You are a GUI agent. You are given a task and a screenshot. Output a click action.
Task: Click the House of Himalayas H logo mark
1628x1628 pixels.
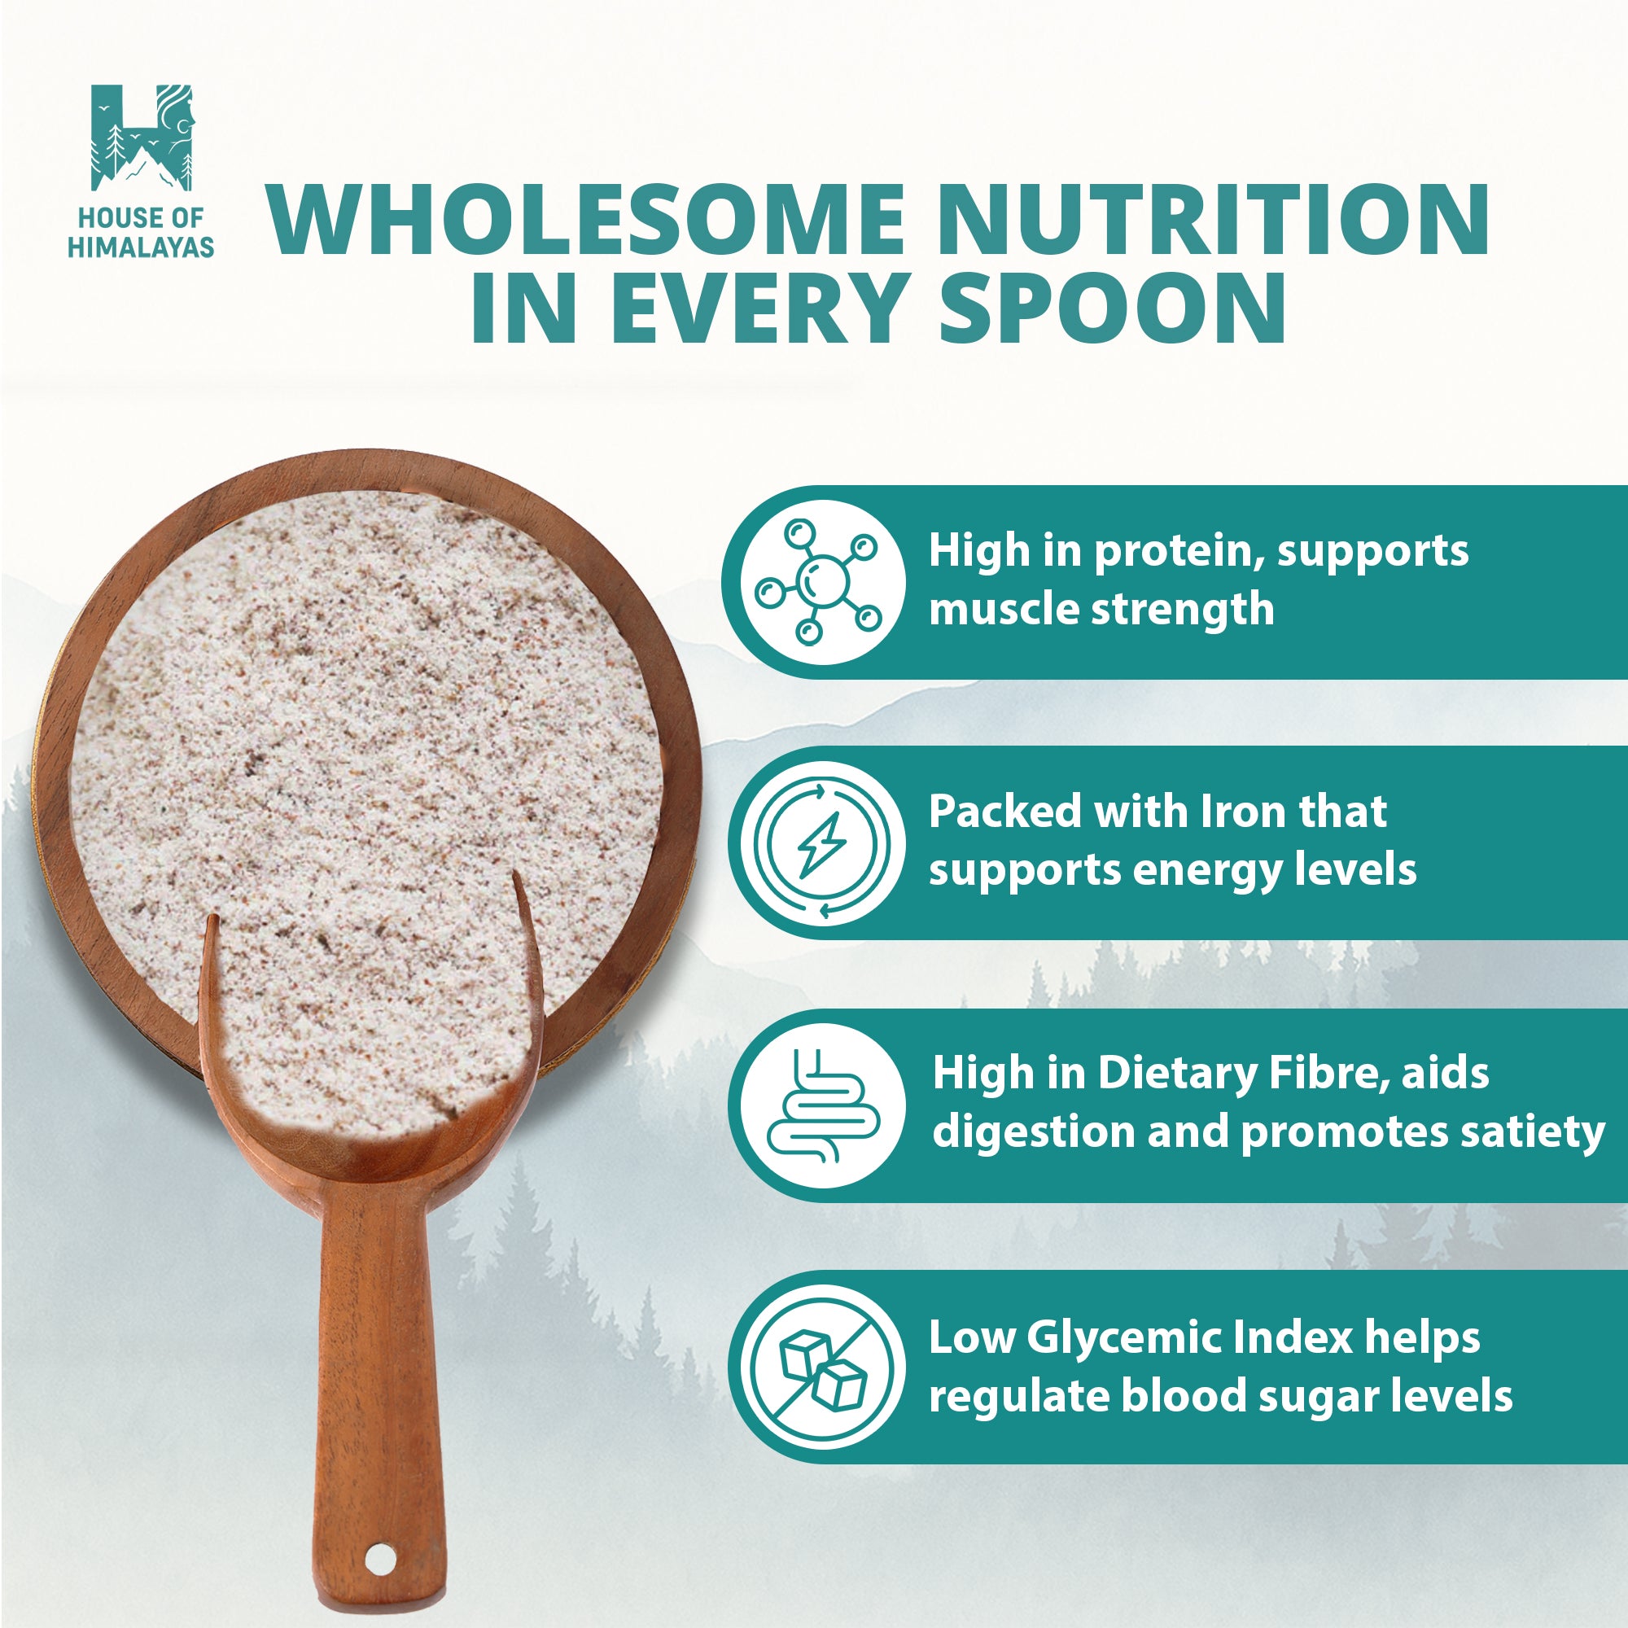point(142,138)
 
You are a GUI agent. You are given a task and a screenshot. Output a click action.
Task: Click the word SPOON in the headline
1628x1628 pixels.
point(1111,310)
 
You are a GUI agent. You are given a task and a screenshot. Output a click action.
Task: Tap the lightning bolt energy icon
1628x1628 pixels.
point(821,843)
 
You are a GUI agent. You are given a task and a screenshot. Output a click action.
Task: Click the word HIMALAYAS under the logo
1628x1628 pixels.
point(141,247)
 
